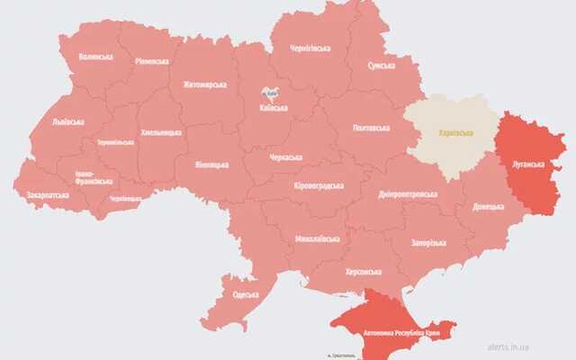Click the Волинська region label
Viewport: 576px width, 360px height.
96,57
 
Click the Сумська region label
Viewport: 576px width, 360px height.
382,66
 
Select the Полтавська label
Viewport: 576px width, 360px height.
372,128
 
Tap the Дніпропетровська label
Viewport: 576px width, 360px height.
408,193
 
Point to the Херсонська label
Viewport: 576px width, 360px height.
364,271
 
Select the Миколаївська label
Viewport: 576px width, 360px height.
317,239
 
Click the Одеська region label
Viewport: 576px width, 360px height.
246,294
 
